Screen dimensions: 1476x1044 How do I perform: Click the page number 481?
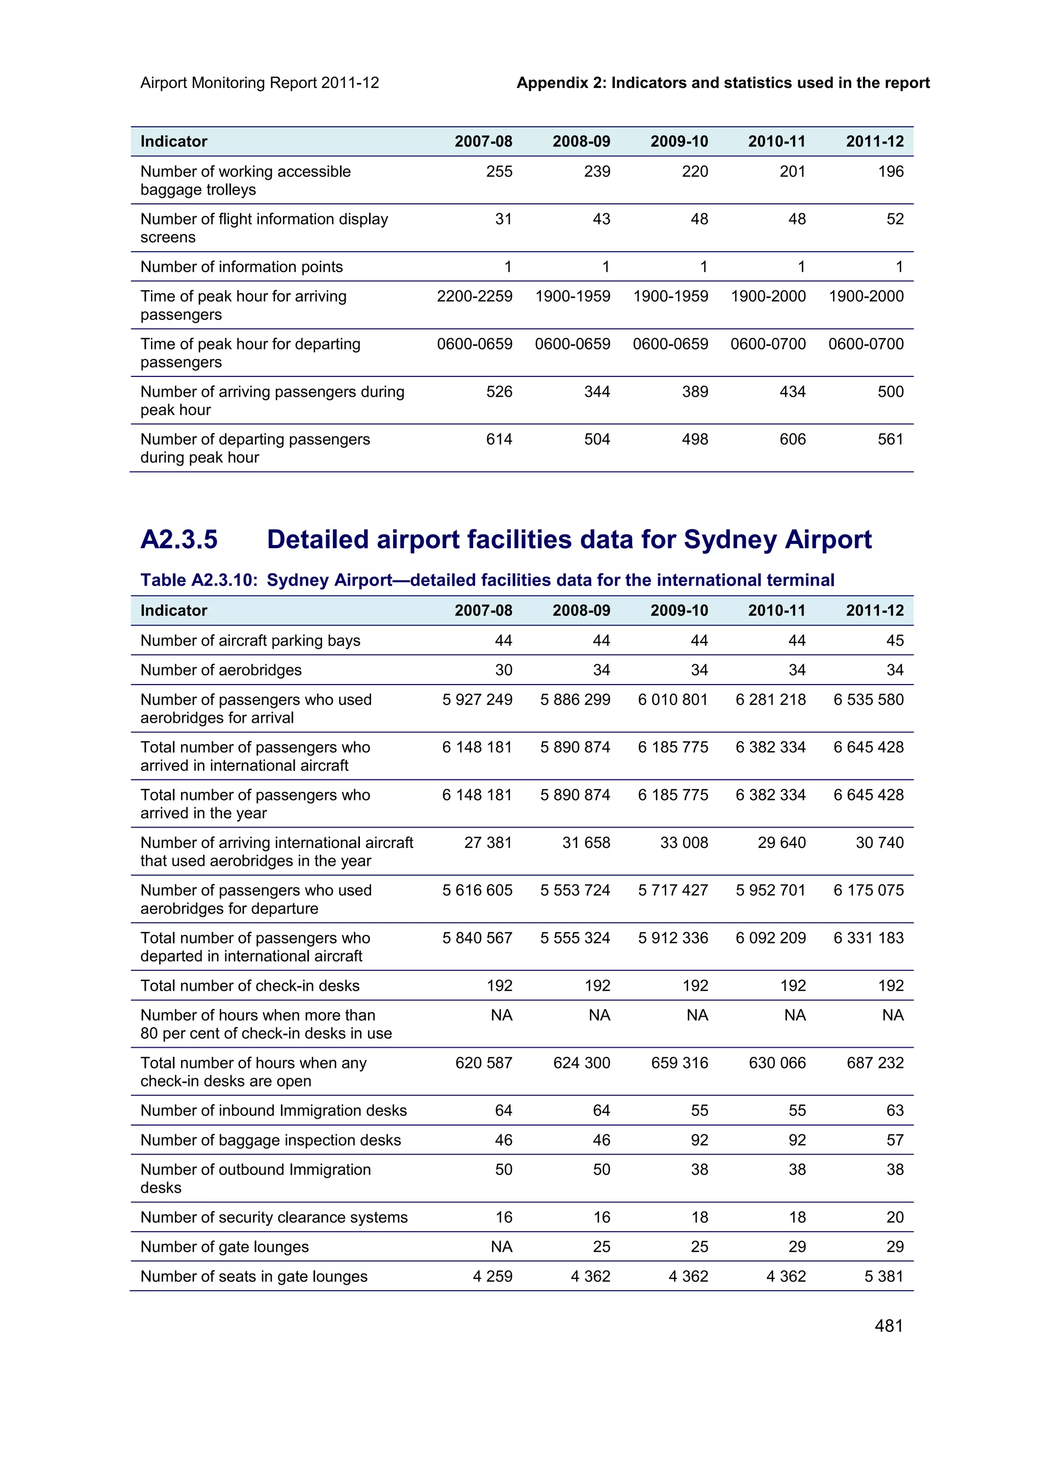pos(889,1326)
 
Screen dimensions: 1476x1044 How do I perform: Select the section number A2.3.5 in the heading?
pos(179,539)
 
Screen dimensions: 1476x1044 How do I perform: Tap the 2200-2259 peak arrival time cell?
pos(474,296)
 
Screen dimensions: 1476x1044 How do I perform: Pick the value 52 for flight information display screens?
pos(894,219)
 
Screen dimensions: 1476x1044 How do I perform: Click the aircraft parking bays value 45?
pos(894,640)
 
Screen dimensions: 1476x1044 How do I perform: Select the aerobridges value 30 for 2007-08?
pos(503,670)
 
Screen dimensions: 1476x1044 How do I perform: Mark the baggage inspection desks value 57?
pos(894,1140)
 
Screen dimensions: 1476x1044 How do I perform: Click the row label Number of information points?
pos(241,267)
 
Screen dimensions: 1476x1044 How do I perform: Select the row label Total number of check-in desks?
pos(250,986)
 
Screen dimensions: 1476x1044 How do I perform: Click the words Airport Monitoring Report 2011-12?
pos(259,83)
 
